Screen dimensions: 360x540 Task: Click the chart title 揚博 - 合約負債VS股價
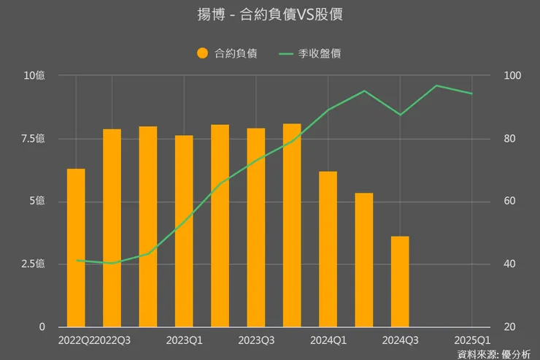coord(270,15)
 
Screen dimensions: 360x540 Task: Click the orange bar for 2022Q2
coord(76,248)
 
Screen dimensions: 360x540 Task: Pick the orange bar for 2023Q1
coord(184,231)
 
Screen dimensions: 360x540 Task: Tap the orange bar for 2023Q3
coord(256,227)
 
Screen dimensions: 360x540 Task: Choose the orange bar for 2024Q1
coord(328,249)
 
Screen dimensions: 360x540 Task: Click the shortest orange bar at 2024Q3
coord(400,281)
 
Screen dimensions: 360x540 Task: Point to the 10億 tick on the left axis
coord(34,76)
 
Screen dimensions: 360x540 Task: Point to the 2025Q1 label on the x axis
coord(472,340)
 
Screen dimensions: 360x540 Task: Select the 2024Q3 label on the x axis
coord(400,340)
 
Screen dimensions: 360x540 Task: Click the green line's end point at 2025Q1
coord(472,93)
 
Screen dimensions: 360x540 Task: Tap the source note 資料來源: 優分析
coord(494,353)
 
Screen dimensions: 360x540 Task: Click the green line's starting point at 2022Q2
coord(76,261)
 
